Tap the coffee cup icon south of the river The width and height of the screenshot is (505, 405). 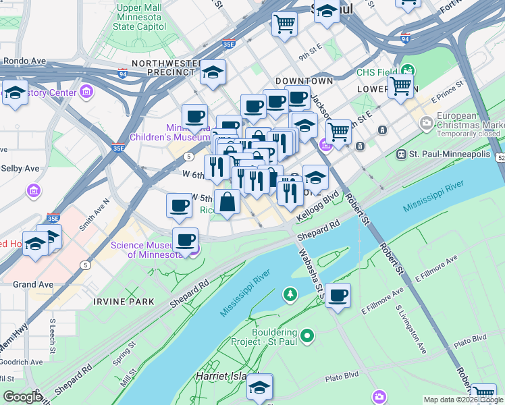pos(338,295)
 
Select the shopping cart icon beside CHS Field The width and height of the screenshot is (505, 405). pos(400,86)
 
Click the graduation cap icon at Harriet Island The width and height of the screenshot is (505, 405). pos(259,387)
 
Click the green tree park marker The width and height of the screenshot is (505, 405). pos(290,294)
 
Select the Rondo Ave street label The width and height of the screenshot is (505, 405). pos(23,61)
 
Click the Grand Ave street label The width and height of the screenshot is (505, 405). pos(33,285)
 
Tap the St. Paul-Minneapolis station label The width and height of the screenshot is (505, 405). pos(452,154)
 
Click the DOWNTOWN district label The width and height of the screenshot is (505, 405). pos(304,80)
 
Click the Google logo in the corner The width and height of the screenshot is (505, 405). pos(22,397)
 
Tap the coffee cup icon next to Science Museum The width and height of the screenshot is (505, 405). pos(185,240)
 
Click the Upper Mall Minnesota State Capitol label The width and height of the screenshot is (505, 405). pos(140,17)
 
